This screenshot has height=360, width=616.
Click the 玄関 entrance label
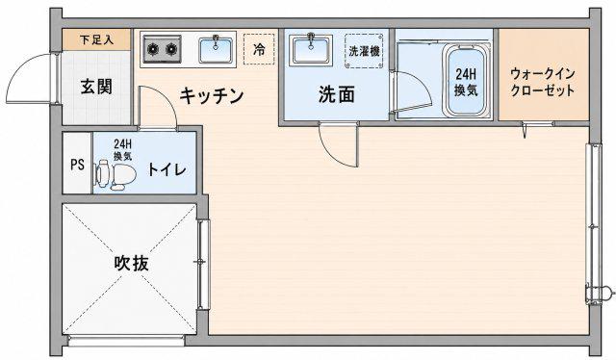(96, 87)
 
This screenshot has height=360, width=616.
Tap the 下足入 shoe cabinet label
(96, 39)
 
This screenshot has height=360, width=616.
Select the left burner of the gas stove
(153, 49)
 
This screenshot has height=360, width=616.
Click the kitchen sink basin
(216, 50)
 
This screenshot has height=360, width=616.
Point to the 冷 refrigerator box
(259, 49)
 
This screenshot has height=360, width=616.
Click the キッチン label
(212, 95)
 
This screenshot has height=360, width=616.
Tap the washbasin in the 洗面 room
(311, 49)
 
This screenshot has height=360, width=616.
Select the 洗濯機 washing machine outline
(364, 51)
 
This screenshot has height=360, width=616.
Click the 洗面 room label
(337, 94)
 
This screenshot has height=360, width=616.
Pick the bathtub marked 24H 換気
(466, 81)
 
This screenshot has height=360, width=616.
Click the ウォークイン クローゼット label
(543, 82)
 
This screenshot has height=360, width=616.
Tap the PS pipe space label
(77, 165)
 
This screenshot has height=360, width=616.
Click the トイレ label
(167, 169)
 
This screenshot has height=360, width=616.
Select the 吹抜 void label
(132, 263)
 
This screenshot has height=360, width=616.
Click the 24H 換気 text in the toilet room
(122, 149)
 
